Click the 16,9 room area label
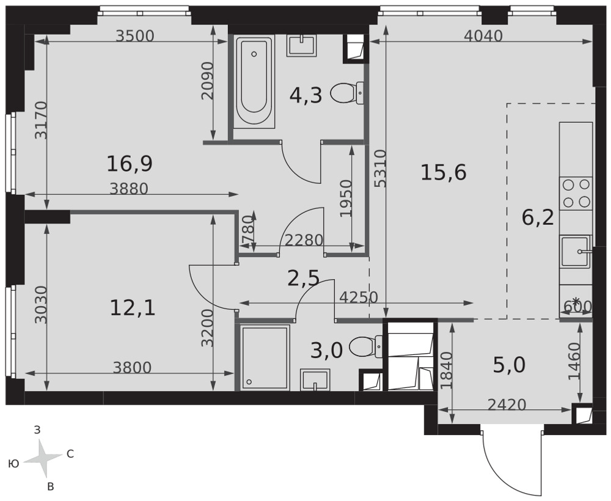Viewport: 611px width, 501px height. point(130,164)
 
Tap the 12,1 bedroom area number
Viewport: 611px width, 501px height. point(133,308)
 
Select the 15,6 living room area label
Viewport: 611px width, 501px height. point(444,172)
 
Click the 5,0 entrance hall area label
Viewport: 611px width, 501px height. point(510,365)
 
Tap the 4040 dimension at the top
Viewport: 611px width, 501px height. point(483,36)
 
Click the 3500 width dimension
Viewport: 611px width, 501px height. point(136,36)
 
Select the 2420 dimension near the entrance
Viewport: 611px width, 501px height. point(507,405)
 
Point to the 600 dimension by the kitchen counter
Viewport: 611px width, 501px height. point(578,307)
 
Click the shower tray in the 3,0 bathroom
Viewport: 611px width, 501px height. point(265,357)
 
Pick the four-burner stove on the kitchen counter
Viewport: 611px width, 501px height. point(576,193)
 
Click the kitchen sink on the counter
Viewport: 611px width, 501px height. point(575,252)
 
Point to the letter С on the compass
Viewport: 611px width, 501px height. point(70,454)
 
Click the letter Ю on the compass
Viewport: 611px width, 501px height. point(13,464)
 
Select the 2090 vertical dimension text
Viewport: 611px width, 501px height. point(208,80)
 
